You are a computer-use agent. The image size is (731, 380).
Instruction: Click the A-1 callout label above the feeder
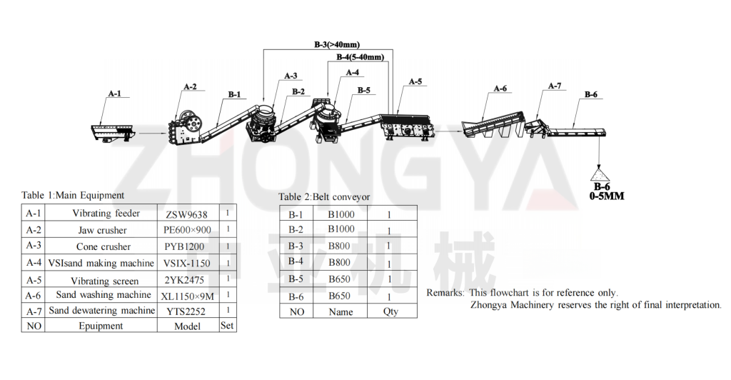pos(115,94)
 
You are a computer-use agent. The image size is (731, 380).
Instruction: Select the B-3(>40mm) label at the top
pos(337,45)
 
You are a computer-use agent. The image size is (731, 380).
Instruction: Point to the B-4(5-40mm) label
pos(361,57)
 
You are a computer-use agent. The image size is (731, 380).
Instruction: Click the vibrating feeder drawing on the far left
pos(113,131)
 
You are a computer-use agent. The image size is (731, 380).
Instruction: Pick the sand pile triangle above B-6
pos(600,174)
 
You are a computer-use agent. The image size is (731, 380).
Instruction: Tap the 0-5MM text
pos(607,196)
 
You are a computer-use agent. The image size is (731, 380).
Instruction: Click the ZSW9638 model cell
pos(186,214)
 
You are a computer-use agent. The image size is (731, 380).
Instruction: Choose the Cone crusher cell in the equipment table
pos(104,246)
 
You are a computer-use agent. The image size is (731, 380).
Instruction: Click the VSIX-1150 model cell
pos(187,264)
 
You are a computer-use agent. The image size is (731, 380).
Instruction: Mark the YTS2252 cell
pos(186,311)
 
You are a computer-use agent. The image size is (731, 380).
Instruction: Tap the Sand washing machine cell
pos(104,295)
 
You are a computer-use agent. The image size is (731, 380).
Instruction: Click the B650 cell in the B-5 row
pos(339,279)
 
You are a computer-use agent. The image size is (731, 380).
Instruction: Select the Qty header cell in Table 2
pos(390,311)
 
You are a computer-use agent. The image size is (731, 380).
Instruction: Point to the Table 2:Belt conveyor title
pos(324,196)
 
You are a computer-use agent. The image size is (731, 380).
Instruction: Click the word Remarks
pos(445,293)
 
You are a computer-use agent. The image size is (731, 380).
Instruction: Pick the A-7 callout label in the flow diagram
pos(555,86)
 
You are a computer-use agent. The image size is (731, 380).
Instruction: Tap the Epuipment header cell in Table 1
pos(101,326)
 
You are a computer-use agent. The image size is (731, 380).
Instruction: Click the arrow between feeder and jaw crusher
pos(153,134)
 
